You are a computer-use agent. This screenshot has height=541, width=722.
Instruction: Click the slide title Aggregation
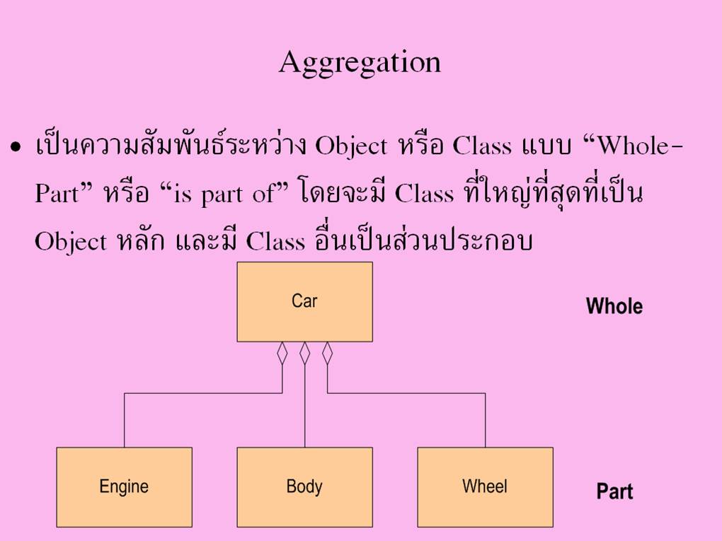pyautogui.click(x=360, y=63)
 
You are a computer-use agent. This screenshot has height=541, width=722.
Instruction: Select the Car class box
pyautogui.click(x=305, y=302)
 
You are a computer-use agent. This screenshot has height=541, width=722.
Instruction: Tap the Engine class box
pyautogui.click(x=125, y=487)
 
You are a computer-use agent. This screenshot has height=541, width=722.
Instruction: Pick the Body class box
pyautogui.click(x=305, y=487)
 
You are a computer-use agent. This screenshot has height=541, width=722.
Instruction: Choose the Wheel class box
pyautogui.click(x=486, y=487)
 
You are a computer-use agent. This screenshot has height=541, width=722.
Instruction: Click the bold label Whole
pyautogui.click(x=614, y=306)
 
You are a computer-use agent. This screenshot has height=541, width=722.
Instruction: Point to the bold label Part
pyautogui.click(x=614, y=491)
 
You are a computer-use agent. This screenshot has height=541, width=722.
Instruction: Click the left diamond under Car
pyautogui.click(x=282, y=354)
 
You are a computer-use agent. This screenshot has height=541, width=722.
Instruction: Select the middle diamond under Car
pyautogui.click(x=305, y=354)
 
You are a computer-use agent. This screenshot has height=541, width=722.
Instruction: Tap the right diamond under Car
pyautogui.click(x=328, y=354)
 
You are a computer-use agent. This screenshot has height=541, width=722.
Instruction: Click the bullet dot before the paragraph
pyautogui.click(x=16, y=148)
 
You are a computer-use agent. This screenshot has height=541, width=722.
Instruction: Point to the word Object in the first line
pyautogui.click(x=351, y=147)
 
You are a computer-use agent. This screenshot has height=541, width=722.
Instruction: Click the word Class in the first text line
pyautogui.click(x=482, y=146)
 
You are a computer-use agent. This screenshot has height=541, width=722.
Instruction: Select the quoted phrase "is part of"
pyautogui.click(x=224, y=193)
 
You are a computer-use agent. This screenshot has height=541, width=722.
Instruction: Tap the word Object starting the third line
pyautogui.click(x=71, y=242)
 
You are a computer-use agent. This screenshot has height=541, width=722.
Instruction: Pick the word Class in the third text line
pyautogui.click(x=275, y=241)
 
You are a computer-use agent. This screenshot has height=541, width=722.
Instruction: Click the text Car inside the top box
pyautogui.click(x=305, y=301)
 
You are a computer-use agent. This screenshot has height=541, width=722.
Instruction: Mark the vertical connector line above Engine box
pyautogui.click(x=125, y=420)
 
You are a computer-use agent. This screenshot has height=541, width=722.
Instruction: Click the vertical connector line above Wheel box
pyautogui.click(x=486, y=420)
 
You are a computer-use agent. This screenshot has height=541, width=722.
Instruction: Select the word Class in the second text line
pyautogui.click(x=424, y=194)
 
